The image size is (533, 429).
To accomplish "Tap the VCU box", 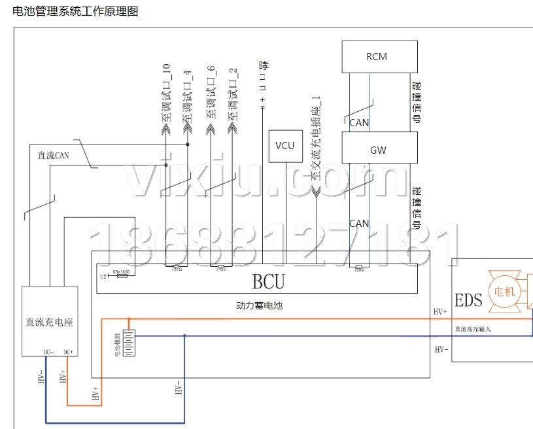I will pyautogui.click(x=285, y=146).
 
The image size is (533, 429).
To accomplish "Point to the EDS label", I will pyautogui.click(x=468, y=300).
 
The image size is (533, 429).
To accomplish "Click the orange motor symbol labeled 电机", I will pyautogui.click(x=505, y=291).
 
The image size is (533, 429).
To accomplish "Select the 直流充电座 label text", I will pyautogui.click(x=49, y=322).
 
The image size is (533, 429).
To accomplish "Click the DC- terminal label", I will pyautogui.click(x=48, y=352).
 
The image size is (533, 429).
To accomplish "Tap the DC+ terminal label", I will pyautogui.click(x=68, y=352).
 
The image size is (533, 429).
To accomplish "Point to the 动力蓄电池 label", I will pyautogui.click(x=259, y=305).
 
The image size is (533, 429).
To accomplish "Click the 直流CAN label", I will pyautogui.click(x=54, y=155).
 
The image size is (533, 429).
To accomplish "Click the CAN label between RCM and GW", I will pyautogui.click(x=359, y=122).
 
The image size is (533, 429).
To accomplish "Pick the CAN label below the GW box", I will pyautogui.click(x=359, y=223).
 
